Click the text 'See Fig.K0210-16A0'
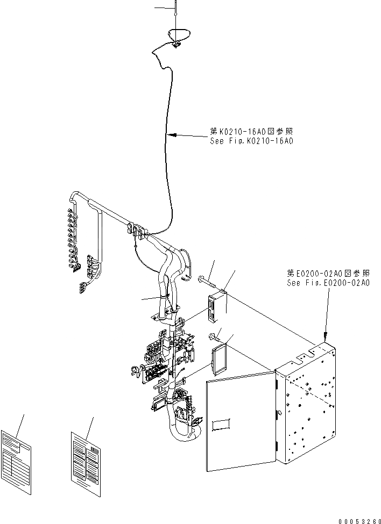click(251, 141)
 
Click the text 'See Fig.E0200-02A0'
click(328, 283)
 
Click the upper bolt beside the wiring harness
click(210, 279)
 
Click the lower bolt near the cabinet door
click(216, 338)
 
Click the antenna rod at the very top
click(175, 13)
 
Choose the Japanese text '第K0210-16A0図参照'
click(252, 132)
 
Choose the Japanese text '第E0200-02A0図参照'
click(328, 274)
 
